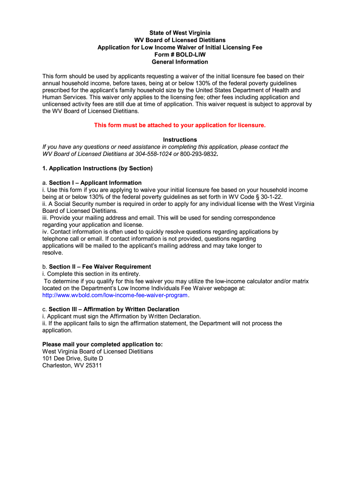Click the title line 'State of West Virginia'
tap(180, 33)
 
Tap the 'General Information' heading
tap(180, 62)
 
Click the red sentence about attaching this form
tap(180, 125)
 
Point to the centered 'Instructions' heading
tap(180, 140)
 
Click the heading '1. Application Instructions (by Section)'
tap(98, 168)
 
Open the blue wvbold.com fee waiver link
tap(115, 295)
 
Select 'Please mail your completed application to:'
tap(102, 344)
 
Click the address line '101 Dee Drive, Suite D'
tap(72, 358)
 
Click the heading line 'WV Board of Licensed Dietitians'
tap(180, 40)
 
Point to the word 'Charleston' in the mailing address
tap(57, 365)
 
